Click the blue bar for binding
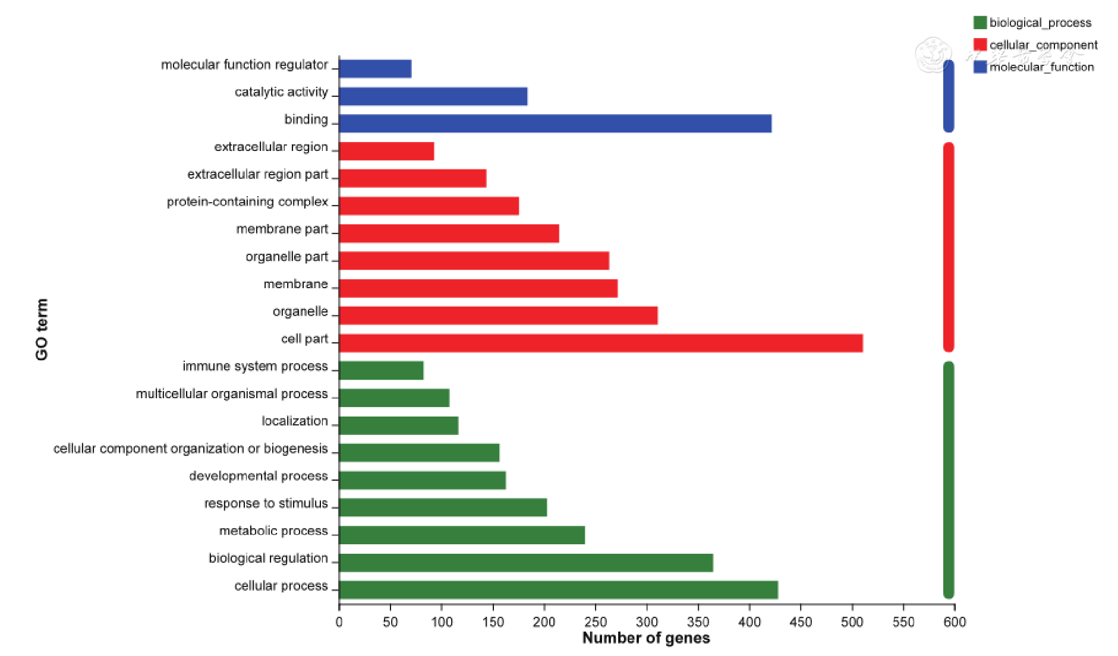[x=555, y=124]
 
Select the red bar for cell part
[x=600, y=343]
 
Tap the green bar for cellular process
[x=558, y=590]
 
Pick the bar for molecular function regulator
[x=375, y=69]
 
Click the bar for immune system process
[x=381, y=371]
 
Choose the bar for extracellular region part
[x=412, y=178]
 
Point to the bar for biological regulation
[x=525, y=563]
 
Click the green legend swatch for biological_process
[x=980, y=23]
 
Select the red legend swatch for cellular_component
[x=980, y=45]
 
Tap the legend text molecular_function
[x=1041, y=67]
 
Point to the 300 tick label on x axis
[x=647, y=622]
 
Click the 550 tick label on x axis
[x=903, y=622]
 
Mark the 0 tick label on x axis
[x=339, y=622]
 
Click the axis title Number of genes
[x=646, y=638]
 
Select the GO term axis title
[x=42, y=329]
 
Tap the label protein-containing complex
[x=247, y=202]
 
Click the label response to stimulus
[x=266, y=504]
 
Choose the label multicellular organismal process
[x=232, y=394]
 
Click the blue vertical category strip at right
[x=948, y=96]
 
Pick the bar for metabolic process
[x=462, y=535]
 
